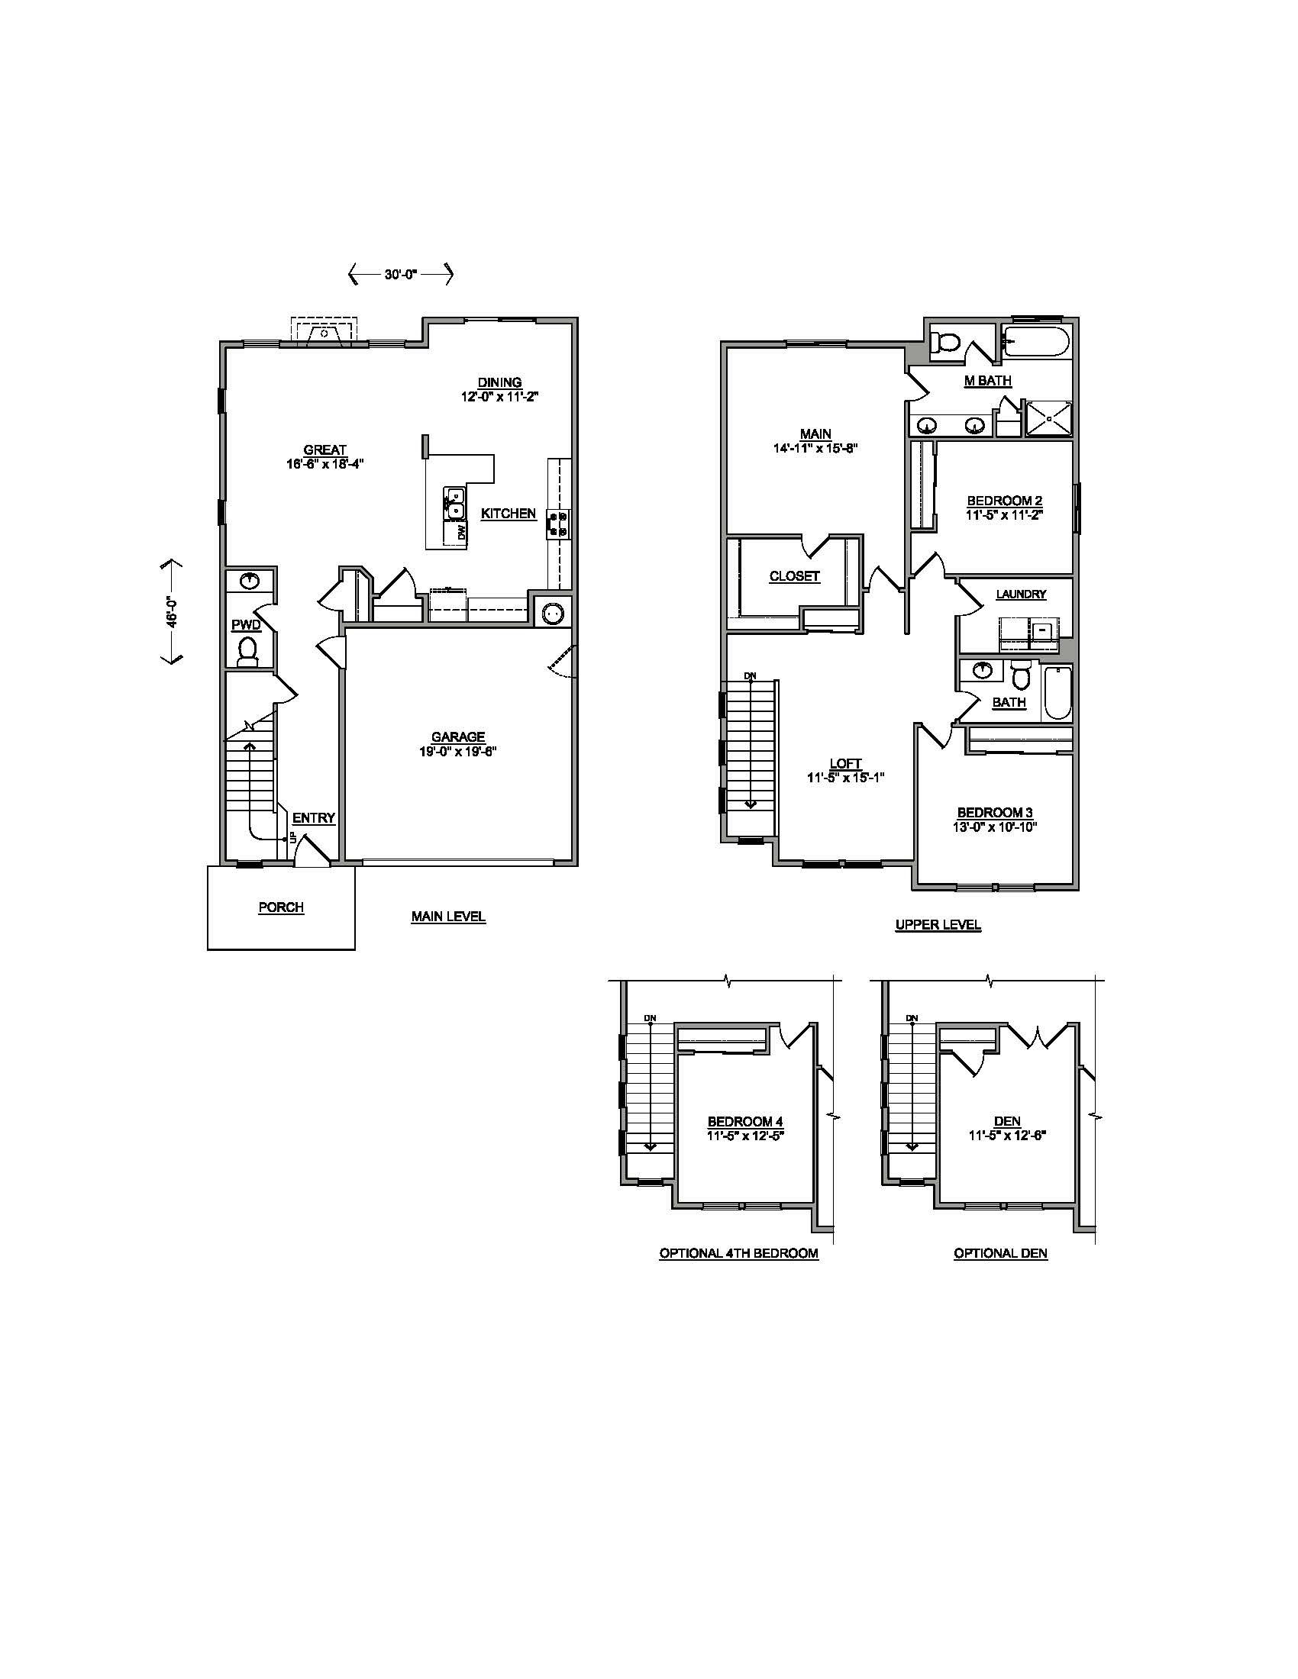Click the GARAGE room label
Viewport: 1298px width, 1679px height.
tap(457, 736)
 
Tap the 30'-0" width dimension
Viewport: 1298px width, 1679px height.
tap(400, 274)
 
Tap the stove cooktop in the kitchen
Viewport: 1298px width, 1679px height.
tap(558, 524)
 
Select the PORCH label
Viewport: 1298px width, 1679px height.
tap(281, 907)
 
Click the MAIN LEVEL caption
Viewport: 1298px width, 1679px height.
tap(448, 917)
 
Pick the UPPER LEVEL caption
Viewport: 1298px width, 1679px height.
tap(938, 925)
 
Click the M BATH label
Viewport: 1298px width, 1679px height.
tap(987, 381)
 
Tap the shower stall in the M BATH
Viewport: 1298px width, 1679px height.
tap(1048, 419)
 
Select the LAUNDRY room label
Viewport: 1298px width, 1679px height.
tap(1020, 595)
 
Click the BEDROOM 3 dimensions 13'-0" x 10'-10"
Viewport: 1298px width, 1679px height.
tap(996, 827)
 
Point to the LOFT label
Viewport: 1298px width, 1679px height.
tap(845, 763)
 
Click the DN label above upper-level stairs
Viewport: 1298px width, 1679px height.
tap(750, 675)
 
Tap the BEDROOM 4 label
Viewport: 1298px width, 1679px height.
tap(745, 1122)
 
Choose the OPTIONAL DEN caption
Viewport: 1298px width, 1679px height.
tap(1000, 1253)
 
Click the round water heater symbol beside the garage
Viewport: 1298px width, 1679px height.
tap(552, 614)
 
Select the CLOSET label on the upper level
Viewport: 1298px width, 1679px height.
tap(794, 575)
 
